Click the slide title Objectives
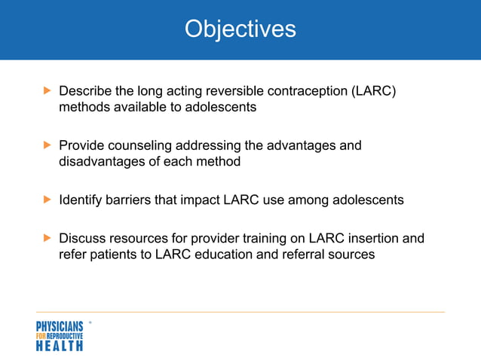pyautogui.click(x=240, y=29)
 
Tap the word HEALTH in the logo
pyautogui.click(x=60, y=346)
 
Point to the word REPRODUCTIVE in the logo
pyautogui.click(x=66, y=335)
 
